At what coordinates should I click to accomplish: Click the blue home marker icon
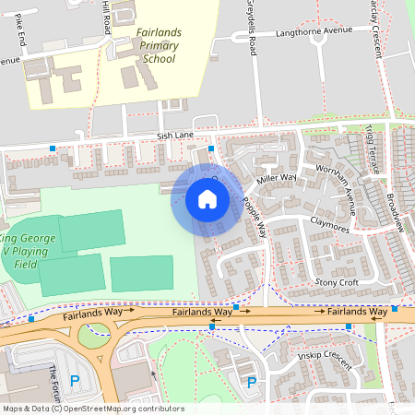click(x=207, y=198)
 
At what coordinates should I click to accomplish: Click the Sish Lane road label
click(x=175, y=136)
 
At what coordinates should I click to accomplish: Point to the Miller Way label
click(x=277, y=178)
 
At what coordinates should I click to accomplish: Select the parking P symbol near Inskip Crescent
click(x=250, y=382)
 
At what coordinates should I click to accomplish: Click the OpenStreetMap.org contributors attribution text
click(x=125, y=409)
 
